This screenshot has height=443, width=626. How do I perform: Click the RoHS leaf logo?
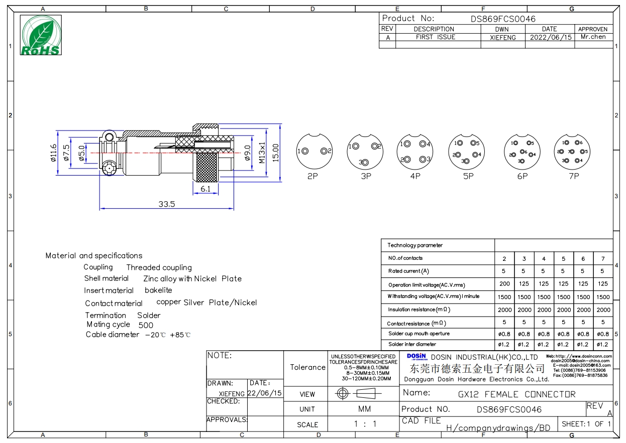41,35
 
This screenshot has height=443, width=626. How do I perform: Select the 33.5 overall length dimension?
167,204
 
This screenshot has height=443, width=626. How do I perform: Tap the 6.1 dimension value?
205,189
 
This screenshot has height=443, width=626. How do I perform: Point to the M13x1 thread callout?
262,153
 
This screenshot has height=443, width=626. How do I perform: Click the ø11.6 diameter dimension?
53,153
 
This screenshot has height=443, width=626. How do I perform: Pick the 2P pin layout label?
312,176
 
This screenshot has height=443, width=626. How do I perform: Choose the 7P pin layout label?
574,176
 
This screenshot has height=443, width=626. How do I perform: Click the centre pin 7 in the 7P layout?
572,152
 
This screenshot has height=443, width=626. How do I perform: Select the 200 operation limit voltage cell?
504,283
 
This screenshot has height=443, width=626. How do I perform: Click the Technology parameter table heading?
414,245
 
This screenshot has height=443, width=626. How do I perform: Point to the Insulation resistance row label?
419,309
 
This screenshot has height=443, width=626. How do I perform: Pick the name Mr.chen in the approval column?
593,37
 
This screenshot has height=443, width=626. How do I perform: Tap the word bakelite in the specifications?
158,290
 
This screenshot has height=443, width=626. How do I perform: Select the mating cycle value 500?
146,325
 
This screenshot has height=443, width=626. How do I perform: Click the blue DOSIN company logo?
416,357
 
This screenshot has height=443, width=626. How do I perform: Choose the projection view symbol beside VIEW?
359,394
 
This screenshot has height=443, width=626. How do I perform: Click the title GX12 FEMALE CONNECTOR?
516,394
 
